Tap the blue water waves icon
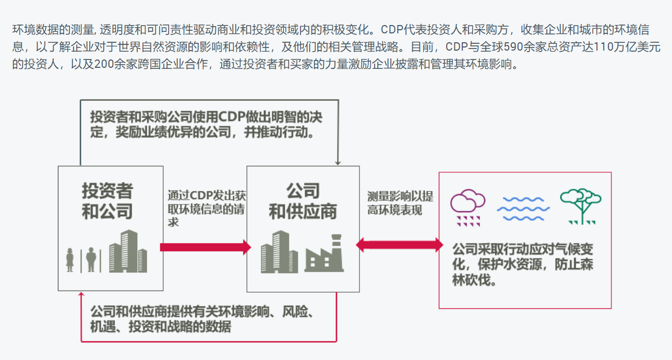tap(523, 208)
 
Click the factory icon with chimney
tap(324, 255)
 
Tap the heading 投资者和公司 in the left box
tap(107, 201)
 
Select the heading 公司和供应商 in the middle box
tap(303, 201)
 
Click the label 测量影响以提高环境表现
tap(400, 203)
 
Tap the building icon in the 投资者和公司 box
tap(128, 251)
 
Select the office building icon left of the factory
tap(279, 252)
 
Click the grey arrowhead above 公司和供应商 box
tap(338, 162)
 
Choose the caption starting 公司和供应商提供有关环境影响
tap(201, 319)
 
